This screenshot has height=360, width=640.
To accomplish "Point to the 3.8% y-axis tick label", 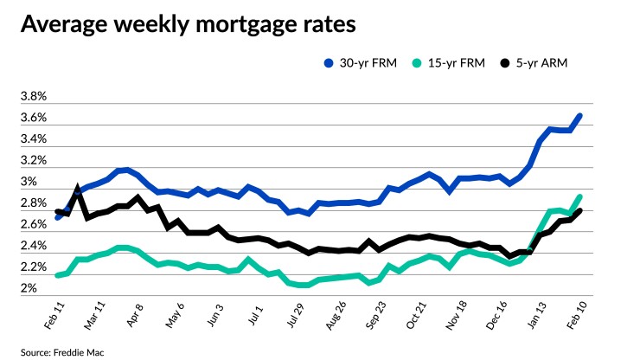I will pyautogui.click(x=34, y=97).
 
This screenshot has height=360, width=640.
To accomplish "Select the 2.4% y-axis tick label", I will pyautogui.click(x=34, y=246).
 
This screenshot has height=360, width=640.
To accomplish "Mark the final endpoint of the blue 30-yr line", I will pyautogui.click(x=579, y=116).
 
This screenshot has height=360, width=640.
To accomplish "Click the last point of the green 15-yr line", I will pyautogui.click(x=579, y=196).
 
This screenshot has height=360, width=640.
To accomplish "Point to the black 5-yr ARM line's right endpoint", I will pyautogui.click(x=579, y=210).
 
